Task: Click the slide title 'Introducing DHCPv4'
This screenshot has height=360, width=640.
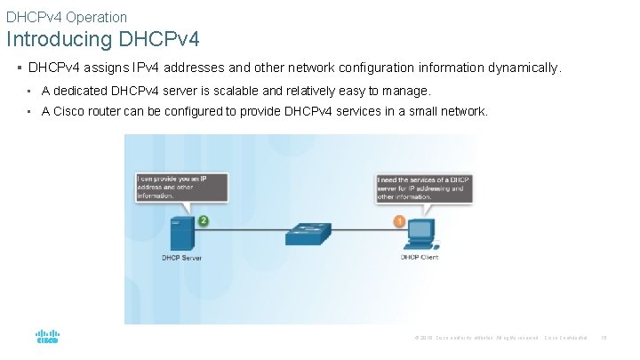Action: pos(103,40)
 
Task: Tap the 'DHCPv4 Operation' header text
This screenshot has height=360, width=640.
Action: pos(67,17)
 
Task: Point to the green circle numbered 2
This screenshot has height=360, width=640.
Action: pos(204,220)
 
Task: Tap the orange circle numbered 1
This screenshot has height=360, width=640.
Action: pos(399,220)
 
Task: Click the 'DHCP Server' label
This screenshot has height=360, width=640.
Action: pos(183,258)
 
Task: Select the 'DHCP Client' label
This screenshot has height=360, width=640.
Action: pos(419,258)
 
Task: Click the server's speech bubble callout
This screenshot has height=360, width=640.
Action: pos(181,188)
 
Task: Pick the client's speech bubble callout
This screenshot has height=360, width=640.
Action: pos(423,188)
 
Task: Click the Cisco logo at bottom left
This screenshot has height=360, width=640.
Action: pos(47,338)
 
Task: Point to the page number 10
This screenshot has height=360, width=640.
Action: pos(604,338)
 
